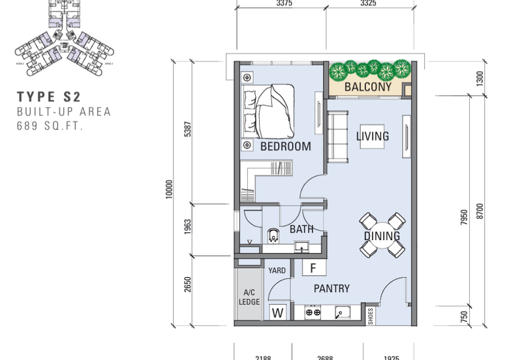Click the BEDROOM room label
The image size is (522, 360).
tap(285, 147)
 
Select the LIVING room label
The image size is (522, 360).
tap(373, 136)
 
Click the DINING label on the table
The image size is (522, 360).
tap(382, 235)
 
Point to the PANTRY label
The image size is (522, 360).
tap(331, 288)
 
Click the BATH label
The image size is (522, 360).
tap(301, 229)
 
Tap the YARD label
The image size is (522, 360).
tap(276, 269)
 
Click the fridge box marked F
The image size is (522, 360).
tap(313, 268)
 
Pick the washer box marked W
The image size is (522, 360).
tap(278, 313)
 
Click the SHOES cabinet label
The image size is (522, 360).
tap(371, 316)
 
